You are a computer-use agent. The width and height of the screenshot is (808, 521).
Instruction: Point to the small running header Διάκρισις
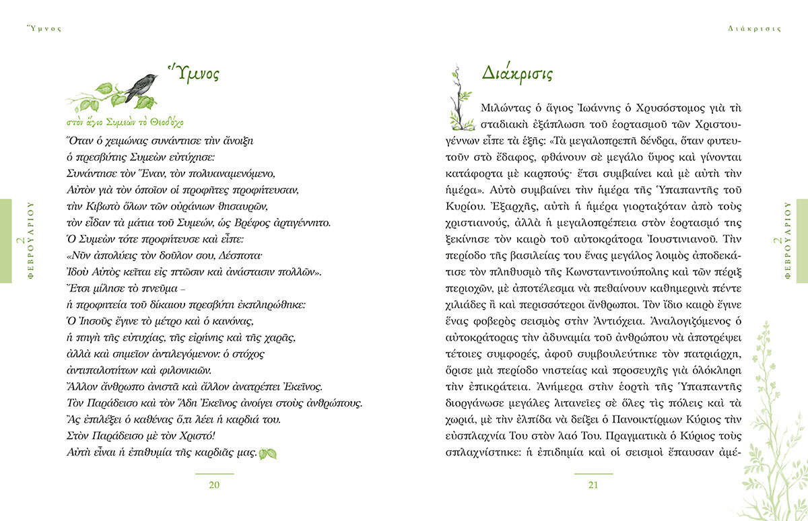[x=755, y=28]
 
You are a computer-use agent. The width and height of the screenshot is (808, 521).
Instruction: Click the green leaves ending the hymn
[x=268, y=454]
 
